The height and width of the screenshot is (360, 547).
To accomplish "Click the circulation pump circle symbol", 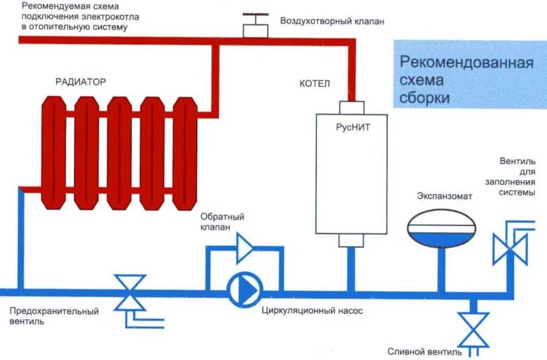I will point(244,289).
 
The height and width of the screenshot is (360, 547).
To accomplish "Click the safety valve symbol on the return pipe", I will point(130,293).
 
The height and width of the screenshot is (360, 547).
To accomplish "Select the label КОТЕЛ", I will point(314,84).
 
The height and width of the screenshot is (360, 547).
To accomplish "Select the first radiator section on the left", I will point(51,152).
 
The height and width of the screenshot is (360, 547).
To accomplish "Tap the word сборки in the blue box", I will point(425,98).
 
